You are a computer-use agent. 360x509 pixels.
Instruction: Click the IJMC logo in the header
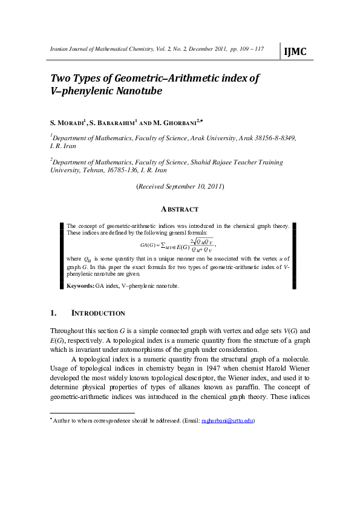[295, 52]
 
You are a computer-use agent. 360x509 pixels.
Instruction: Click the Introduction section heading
[98, 313]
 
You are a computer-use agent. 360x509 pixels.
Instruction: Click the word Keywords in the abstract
[80, 285]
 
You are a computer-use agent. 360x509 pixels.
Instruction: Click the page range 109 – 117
[249, 48]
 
